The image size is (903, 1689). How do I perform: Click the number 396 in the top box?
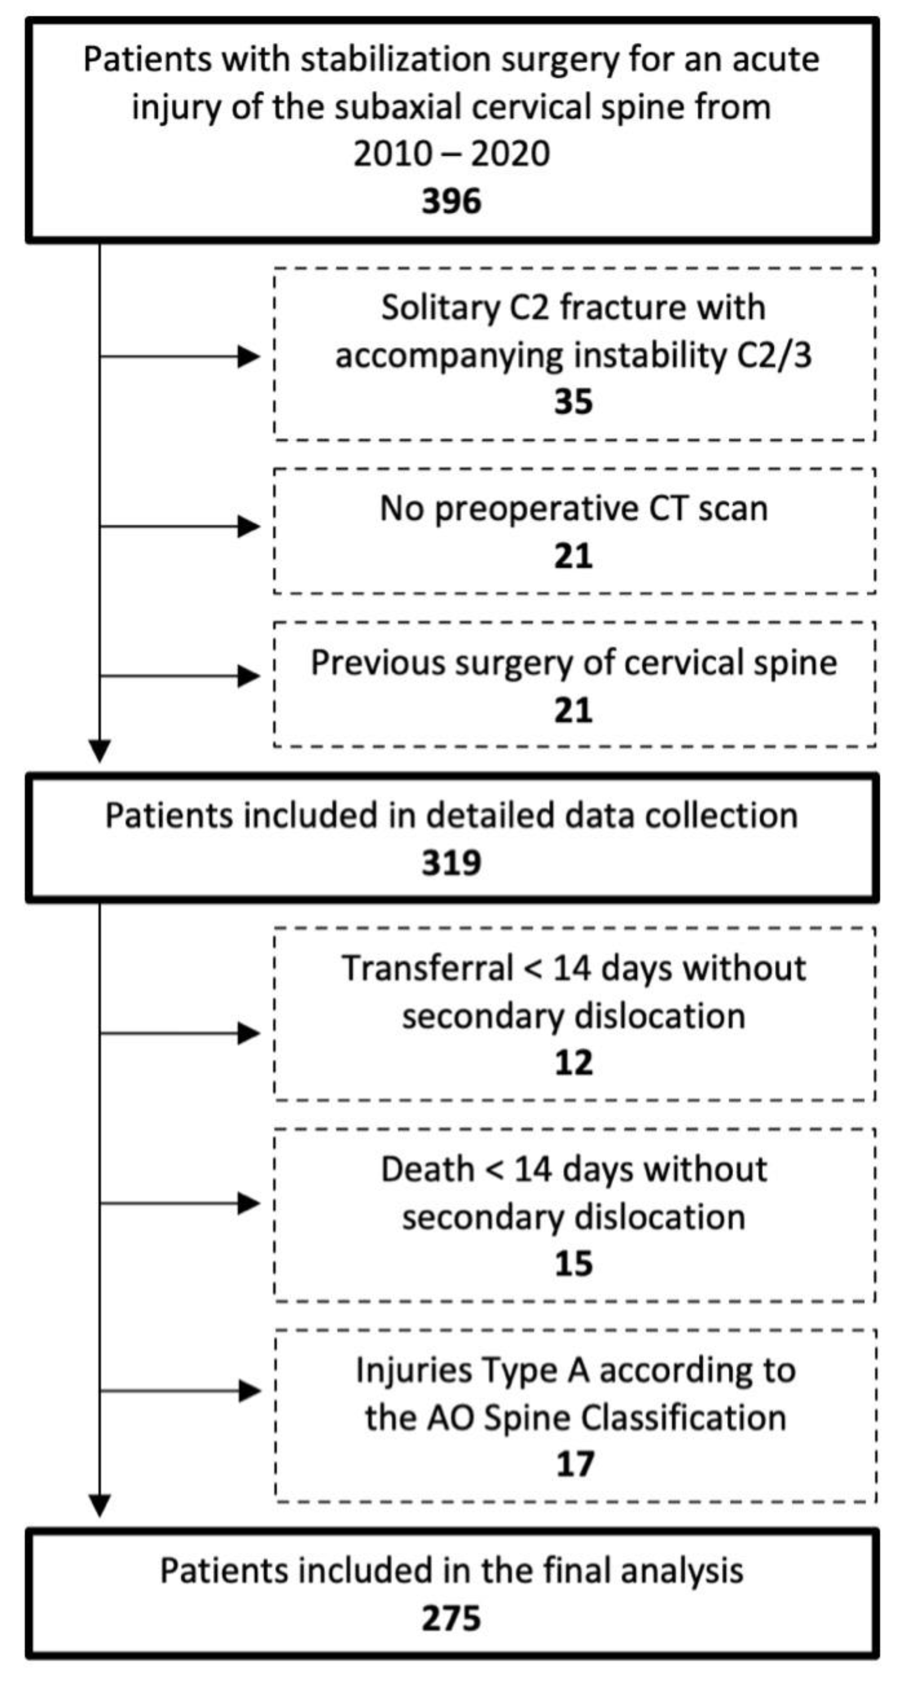(x=452, y=201)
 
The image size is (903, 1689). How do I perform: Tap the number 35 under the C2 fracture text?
(x=573, y=402)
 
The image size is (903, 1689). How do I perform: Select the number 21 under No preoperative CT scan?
(x=573, y=556)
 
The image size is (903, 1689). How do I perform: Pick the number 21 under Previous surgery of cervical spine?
(x=573, y=711)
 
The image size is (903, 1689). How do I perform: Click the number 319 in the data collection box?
(x=452, y=863)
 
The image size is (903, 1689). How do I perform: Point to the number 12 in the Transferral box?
(x=573, y=1063)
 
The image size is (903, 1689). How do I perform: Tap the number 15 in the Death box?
(x=573, y=1264)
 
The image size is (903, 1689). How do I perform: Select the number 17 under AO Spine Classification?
(x=575, y=1465)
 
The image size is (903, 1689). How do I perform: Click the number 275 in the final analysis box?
(x=452, y=1619)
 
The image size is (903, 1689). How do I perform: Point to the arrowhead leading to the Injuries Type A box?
(x=250, y=1391)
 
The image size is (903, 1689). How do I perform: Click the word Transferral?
(x=427, y=968)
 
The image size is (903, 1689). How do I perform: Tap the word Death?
(x=427, y=1170)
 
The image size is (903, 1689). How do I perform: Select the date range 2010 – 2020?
(x=452, y=155)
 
